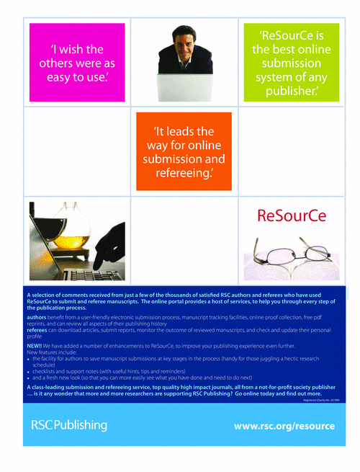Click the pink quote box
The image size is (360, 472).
[x=77, y=62]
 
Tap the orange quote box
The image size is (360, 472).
[x=184, y=151]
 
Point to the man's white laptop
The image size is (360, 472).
[x=184, y=86]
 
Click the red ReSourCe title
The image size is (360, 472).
[x=291, y=215]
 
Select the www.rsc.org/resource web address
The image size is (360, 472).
[x=284, y=426]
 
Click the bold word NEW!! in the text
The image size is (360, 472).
[x=35, y=346]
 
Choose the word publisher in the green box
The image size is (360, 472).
[x=289, y=92]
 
